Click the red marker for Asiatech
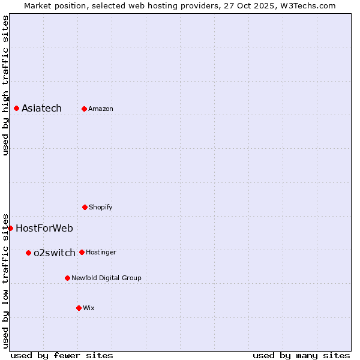pos(16,109)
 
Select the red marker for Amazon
pos(84,109)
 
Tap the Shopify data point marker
pos(85,207)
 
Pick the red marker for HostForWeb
pos(10,228)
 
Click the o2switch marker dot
pos(28,253)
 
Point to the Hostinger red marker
pos(82,252)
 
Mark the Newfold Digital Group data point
pos(67,278)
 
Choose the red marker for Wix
pos(79,308)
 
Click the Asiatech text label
pos(41,109)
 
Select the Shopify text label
pos(101,207)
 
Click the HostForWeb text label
pos(44,228)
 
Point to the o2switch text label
pos(55,253)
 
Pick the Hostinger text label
pos(101,252)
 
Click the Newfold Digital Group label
pos(106,278)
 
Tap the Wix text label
pos(89,308)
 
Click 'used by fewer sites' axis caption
pos(62,355)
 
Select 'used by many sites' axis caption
pos(301,355)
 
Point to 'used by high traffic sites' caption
pos(5,85)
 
